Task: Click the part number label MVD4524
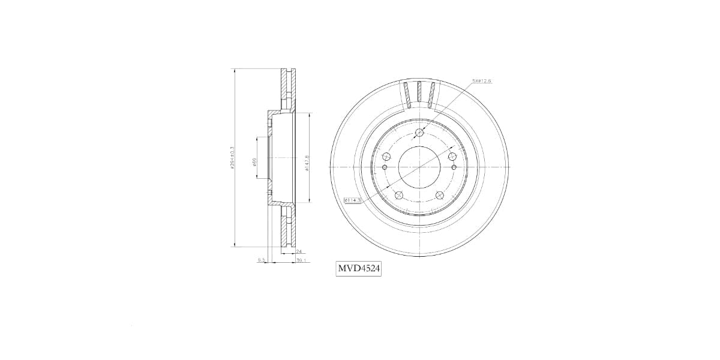(359, 269)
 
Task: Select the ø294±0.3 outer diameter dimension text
(232, 157)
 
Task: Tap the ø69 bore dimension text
(254, 162)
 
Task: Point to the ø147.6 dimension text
(307, 163)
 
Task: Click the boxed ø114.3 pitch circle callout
(352, 200)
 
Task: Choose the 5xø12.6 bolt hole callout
(481, 80)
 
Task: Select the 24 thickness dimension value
(298, 253)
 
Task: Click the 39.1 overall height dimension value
(301, 261)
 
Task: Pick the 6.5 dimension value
(261, 260)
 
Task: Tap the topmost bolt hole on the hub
(419, 132)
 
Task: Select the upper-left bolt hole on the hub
(386, 156)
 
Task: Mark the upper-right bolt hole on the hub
(452, 156)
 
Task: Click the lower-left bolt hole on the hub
(398, 194)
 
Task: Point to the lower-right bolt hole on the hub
(440, 194)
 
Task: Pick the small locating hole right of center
(454, 167)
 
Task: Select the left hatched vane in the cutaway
(407, 94)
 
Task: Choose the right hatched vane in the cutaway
(432, 94)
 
